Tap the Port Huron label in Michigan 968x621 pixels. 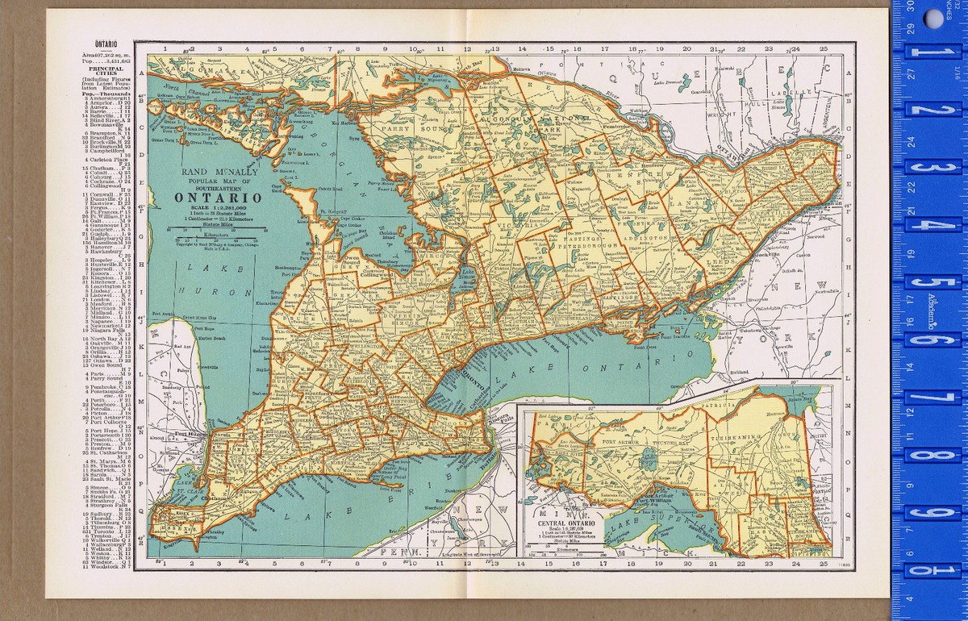(187, 436)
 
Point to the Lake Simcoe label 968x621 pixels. (467, 277)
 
